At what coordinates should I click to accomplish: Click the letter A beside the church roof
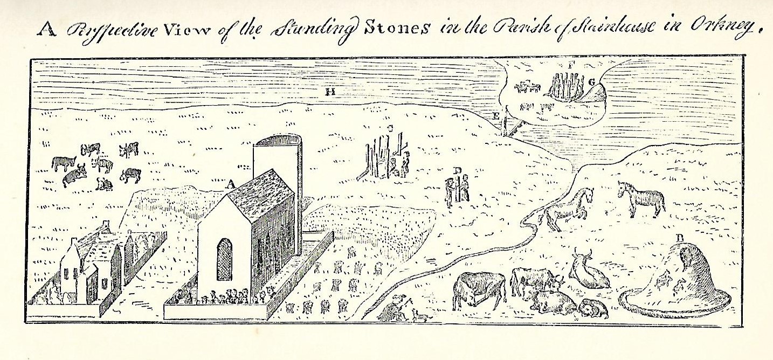(231, 184)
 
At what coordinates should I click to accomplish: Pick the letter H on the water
(330, 92)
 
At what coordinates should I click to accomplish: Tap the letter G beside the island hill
(591, 82)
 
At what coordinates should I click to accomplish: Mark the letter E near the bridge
(496, 116)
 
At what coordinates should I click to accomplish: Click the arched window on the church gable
(224, 259)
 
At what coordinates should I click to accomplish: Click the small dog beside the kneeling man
(419, 315)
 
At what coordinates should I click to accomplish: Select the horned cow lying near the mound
(588, 269)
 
